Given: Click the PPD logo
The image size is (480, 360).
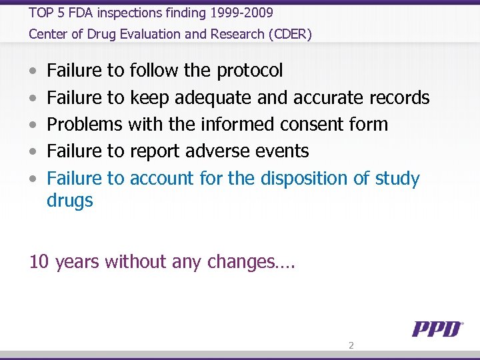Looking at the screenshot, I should [x=437, y=329].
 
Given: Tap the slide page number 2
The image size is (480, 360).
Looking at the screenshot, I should [x=351, y=345].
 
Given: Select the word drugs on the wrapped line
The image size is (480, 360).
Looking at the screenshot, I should [x=70, y=201].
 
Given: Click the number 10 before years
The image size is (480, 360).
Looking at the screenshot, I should [x=39, y=262].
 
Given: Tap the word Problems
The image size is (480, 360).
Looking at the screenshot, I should [x=85, y=125].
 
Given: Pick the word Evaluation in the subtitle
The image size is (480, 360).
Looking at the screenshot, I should [x=153, y=34].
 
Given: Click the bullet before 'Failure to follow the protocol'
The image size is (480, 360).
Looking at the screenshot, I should [x=33, y=71].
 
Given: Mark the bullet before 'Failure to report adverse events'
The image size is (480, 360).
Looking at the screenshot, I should [x=33, y=152].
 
